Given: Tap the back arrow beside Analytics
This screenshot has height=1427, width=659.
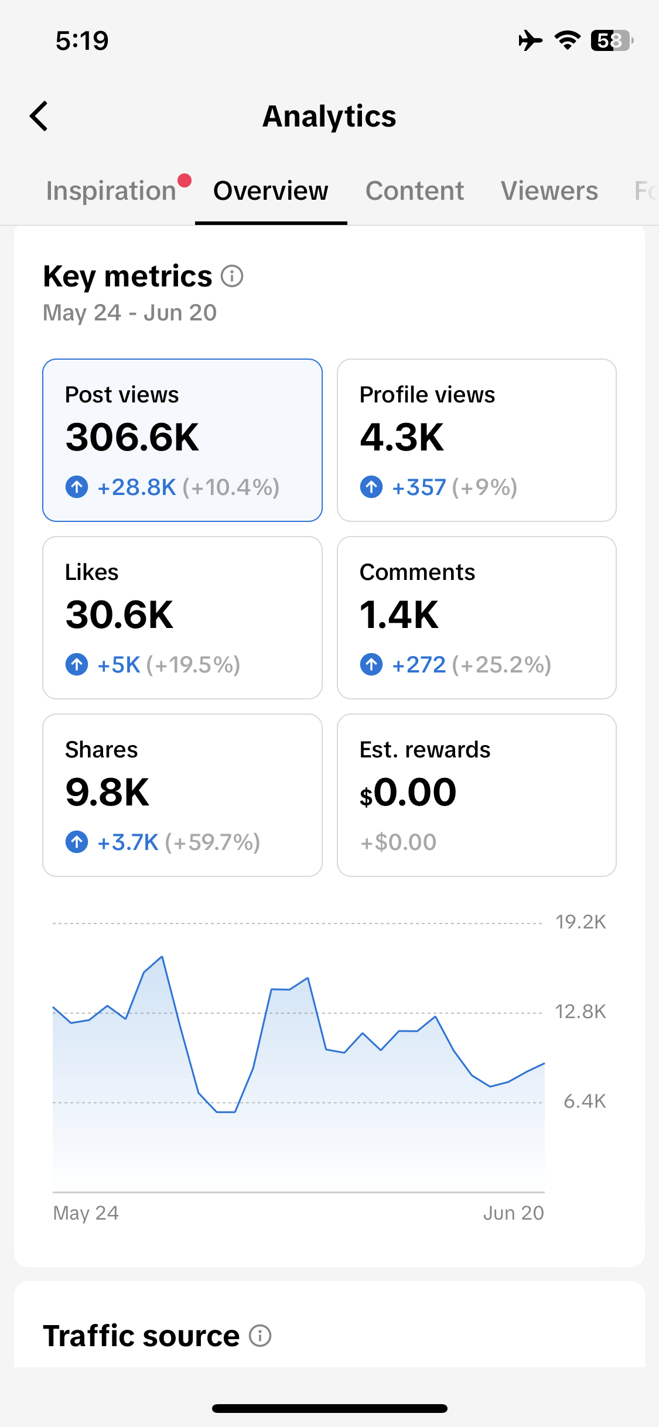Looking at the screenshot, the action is coord(39,116).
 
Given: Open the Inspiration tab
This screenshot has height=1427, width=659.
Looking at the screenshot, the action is coord(111,191).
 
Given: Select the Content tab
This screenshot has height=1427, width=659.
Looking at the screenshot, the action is coord(415,191).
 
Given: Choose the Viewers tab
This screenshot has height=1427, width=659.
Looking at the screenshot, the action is coord(549,191).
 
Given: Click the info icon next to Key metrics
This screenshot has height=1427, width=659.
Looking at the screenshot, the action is coord(232,276).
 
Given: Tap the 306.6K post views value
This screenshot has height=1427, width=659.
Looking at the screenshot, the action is coord(132,437).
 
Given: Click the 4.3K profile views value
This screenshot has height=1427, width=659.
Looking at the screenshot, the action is coord(402,437).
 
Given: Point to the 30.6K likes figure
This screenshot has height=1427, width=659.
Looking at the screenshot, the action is coord(119,615).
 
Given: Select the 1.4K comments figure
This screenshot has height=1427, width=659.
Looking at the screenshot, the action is coord(399,615).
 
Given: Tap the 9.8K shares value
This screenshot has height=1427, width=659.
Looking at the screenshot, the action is coord(107,792).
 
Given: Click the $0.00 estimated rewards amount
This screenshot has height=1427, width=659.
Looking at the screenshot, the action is coord(408,792).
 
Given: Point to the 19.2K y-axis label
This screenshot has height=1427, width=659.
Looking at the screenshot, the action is coord(581,922).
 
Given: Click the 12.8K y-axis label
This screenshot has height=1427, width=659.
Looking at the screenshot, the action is coord(581,1012).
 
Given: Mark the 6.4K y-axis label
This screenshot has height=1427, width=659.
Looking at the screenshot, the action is coord(585,1101).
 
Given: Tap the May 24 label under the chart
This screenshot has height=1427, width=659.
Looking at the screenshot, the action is coord(86,1213).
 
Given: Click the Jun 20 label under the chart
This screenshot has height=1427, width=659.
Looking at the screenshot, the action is coord(514,1213).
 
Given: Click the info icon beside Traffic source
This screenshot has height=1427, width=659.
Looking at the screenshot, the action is coord(260,1336).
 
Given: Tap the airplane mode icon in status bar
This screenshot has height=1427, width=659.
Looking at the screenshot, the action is coord(530,40).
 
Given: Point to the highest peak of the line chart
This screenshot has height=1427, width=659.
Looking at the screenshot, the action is coord(162,957).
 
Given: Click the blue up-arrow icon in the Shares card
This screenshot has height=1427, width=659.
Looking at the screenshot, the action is coord(77,842).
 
